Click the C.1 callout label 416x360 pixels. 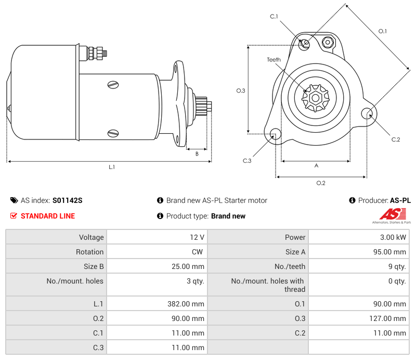tap(274, 17)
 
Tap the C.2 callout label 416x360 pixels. tap(395, 139)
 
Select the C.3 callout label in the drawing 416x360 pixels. tap(247, 161)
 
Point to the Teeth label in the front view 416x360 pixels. tap(274, 60)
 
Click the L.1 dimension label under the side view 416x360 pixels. tap(111, 167)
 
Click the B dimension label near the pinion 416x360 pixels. tap(197, 153)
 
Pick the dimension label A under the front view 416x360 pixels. tap(316, 166)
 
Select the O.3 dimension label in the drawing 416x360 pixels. tap(240, 91)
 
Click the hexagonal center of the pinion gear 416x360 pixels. tap(316, 97)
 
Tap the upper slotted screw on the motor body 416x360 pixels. tap(113, 85)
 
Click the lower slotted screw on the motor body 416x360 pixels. tap(113, 134)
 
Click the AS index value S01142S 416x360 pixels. tap(67, 200)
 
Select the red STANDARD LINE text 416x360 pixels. tap(47, 216)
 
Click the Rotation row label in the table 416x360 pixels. tap(56, 252)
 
